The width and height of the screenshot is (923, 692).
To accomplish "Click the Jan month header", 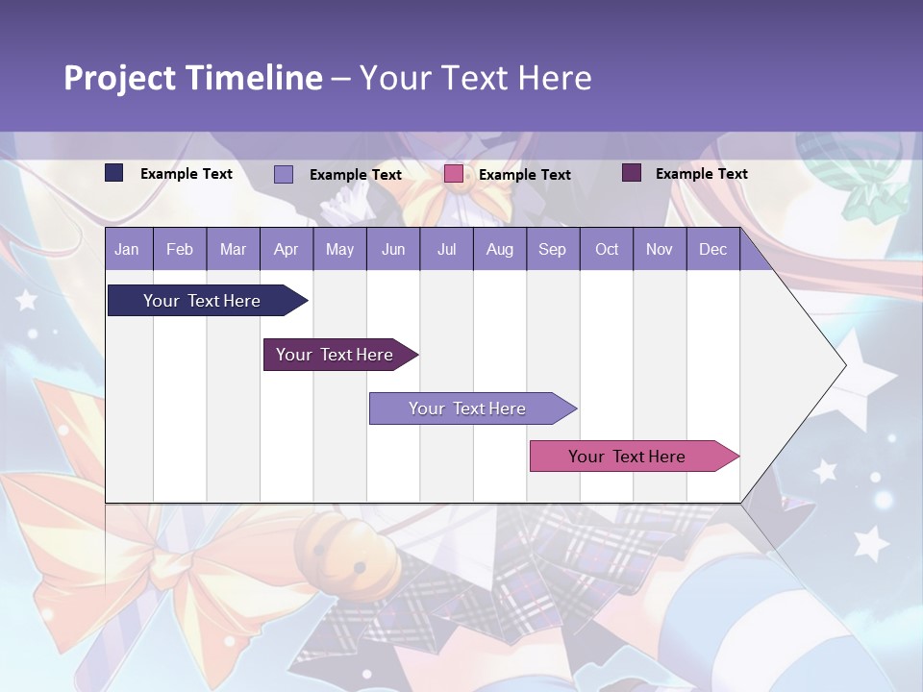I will pyautogui.click(x=127, y=249).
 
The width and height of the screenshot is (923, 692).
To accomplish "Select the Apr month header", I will pyautogui.click(x=286, y=249).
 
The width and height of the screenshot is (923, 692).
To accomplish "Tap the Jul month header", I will pyautogui.click(x=446, y=249).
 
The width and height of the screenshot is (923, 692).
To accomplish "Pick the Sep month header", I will pyautogui.click(x=552, y=249).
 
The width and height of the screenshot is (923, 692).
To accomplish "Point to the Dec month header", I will pyautogui.click(x=712, y=249).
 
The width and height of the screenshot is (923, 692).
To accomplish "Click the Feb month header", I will pyautogui.click(x=180, y=249).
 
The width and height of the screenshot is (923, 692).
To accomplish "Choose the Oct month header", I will pyautogui.click(x=607, y=249).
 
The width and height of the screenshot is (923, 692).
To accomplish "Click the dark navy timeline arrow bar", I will pyautogui.click(x=203, y=301).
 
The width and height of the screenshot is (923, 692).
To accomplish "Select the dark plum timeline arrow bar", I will pyautogui.click(x=335, y=355).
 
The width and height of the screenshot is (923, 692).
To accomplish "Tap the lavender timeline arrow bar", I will pyautogui.click(x=467, y=408).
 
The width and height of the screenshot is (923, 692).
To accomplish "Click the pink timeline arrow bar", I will pyautogui.click(x=627, y=457).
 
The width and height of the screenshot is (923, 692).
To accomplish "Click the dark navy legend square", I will pyautogui.click(x=114, y=173).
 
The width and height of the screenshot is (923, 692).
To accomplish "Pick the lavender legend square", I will pyautogui.click(x=284, y=174).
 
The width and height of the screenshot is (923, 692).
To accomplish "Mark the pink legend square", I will pyautogui.click(x=454, y=174).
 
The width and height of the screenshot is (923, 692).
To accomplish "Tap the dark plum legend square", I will pyautogui.click(x=632, y=173).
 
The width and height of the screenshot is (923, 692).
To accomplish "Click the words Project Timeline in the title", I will pyautogui.click(x=192, y=78).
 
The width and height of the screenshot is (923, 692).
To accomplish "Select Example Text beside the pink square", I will pyautogui.click(x=525, y=175).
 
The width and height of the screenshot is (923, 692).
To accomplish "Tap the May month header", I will pyautogui.click(x=339, y=249).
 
